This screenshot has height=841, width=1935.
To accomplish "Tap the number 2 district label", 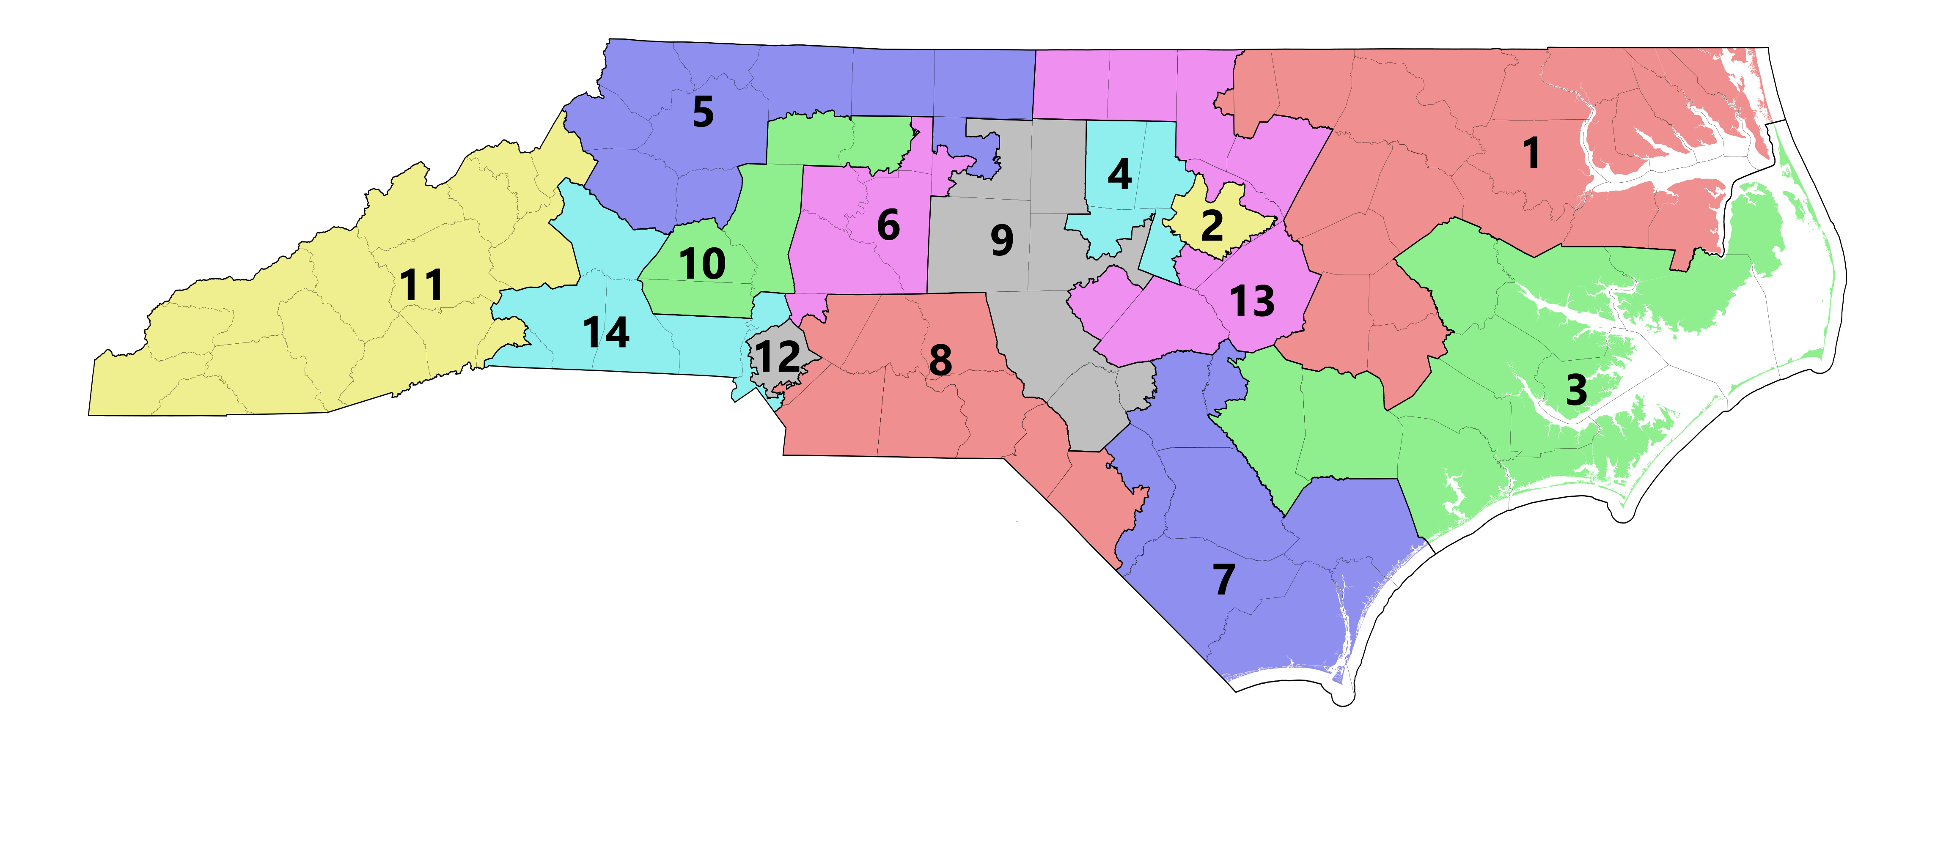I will (1212, 225).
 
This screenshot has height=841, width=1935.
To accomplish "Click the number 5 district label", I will (702, 112).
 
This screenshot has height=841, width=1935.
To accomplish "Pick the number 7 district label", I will (1223, 579).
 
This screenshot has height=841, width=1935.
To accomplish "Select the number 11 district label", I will (421, 285).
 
